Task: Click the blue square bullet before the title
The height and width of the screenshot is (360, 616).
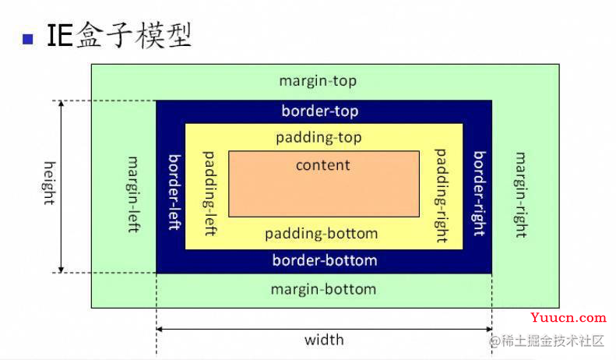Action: [x=28, y=39]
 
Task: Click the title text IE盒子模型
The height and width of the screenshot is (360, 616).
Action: [x=119, y=35]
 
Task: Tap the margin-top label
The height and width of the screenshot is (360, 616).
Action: [x=318, y=81]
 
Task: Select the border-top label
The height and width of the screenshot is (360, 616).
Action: [x=320, y=111]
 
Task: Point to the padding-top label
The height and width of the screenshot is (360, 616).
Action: [x=319, y=138]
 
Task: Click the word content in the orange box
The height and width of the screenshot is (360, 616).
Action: [x=323, y=165]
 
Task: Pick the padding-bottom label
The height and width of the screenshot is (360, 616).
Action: [x=322, y=234]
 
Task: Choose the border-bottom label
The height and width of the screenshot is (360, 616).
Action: [x=325, y=260]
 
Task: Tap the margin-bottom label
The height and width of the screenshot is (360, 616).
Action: [x=324, y=290]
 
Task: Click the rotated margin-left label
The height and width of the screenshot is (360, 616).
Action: [x=134, y=194]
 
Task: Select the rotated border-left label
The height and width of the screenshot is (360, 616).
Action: [x=174, y=192]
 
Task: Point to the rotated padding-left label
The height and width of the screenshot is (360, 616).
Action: [x=209, y=193]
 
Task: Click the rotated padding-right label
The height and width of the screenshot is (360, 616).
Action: [x=442, y=196]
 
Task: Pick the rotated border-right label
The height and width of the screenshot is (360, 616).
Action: [x=479, y=193]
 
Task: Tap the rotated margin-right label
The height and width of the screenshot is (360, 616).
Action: [x=521, y=195]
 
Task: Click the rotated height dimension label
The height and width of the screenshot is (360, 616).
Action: [x=50, y=183]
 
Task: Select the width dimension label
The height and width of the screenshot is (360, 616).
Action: [x=324, y=340]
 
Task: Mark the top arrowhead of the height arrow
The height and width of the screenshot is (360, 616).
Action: [x=61, y=104]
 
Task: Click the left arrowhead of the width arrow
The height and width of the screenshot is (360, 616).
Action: [x=159, y=329]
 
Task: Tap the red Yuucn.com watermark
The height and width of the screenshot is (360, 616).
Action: [x=568, y=318]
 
